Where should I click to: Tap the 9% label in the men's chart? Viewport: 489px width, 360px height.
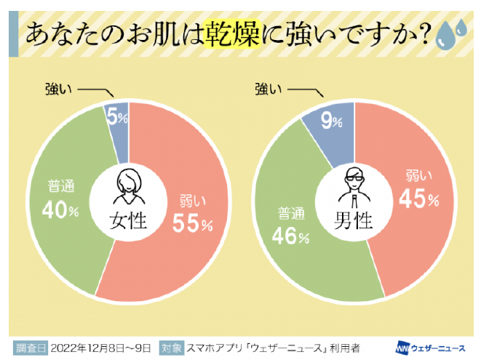pos(332,121)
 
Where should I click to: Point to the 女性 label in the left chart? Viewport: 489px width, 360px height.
pos(128,220)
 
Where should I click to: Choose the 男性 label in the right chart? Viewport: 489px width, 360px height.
pos(354,220)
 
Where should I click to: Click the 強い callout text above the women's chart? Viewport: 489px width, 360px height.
pos(57,89)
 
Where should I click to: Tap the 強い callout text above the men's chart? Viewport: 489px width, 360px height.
pos(268,89)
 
